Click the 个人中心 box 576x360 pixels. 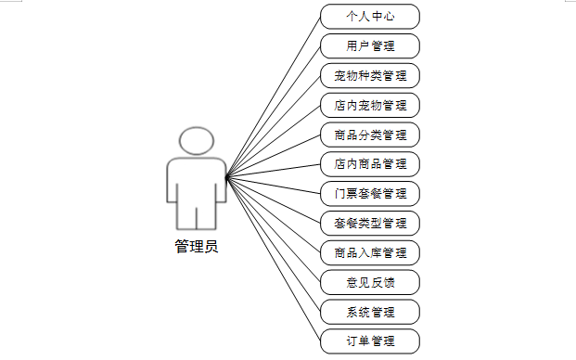(x=370, y=17)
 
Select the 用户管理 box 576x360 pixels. (x=370, y=45)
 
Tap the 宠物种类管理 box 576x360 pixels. (x=370, y=76)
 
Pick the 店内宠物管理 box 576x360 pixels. (x=370, y=106)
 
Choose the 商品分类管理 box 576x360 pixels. (x=370, y=135)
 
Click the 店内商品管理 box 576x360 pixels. (x=370, y=164)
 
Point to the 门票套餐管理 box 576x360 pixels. (x=370, y=194)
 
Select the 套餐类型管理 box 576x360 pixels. (x=370, y=224)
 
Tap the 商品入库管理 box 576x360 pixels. (x=370, y=252)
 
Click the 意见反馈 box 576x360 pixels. (x=370, y=282)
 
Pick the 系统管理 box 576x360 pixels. (x=370, y=312)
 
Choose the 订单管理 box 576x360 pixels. (x=370, y=341)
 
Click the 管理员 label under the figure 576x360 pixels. (x=197, y=246)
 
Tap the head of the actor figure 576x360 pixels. (x=197, y=141)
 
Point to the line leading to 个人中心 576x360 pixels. (x=274, y=97)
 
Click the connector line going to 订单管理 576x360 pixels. (x=274, y=260)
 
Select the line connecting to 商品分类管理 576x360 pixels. (x=274, y=157)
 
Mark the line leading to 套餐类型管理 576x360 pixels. (x=274, y=200)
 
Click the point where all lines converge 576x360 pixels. (x=227, y=178)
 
